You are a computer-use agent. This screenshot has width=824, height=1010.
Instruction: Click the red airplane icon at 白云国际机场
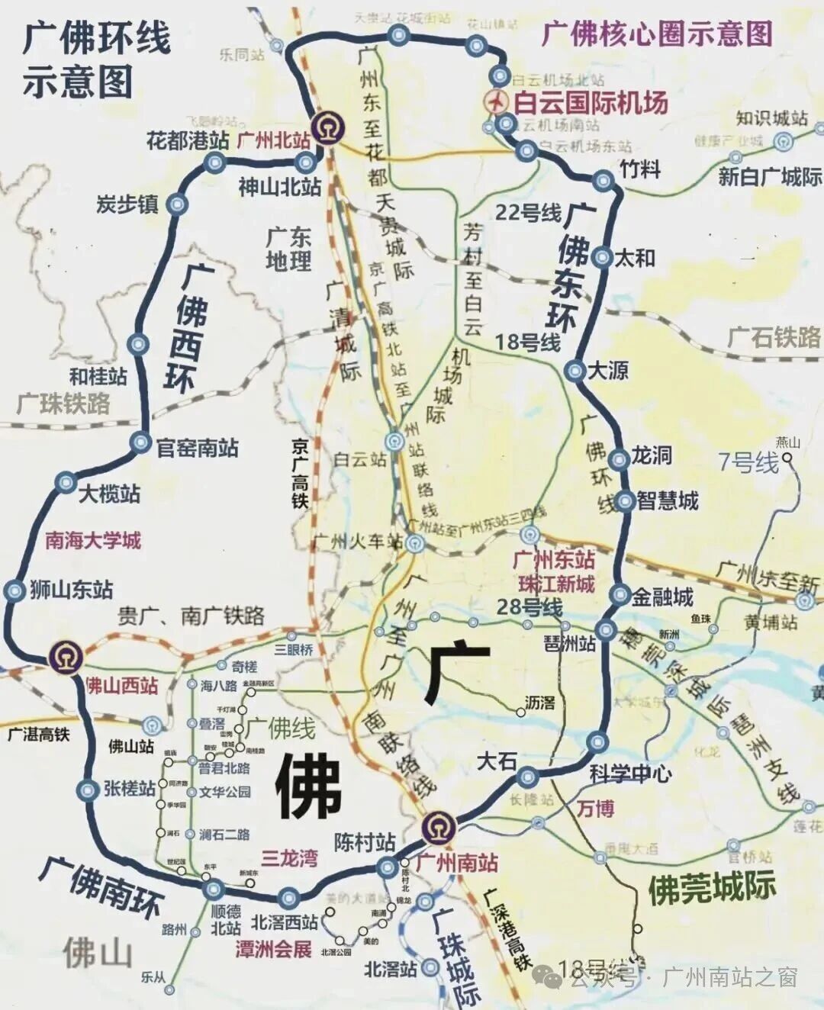tap(497, 101)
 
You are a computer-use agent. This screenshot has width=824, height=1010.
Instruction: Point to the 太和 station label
tap(635, 258)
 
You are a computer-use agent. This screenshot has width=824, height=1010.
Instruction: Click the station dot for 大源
tap(575, 371)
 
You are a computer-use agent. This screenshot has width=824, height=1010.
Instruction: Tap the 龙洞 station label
tap(651, 455)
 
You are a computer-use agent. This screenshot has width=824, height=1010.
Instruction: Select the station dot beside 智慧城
tap(625, 501)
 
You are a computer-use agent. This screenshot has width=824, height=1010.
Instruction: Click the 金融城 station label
tap(662, 597)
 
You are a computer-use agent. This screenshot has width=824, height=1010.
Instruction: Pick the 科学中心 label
tap(630, 774)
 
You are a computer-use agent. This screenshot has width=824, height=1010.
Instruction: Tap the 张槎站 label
tap(130, 789)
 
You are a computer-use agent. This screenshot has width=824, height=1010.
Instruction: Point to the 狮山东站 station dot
tap(14, 590)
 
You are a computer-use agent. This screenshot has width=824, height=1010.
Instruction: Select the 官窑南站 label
tap(197, 448)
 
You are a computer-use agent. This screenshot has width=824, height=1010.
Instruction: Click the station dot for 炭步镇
tap(177, 204)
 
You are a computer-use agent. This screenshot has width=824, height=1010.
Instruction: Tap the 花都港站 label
tap(188, 140)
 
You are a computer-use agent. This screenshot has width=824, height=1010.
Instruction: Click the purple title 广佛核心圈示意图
tap(657, 34)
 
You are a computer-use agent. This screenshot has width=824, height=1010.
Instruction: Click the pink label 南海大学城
tap(93, 541)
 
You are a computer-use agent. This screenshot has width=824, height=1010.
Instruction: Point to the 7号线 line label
tap(748, 462)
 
